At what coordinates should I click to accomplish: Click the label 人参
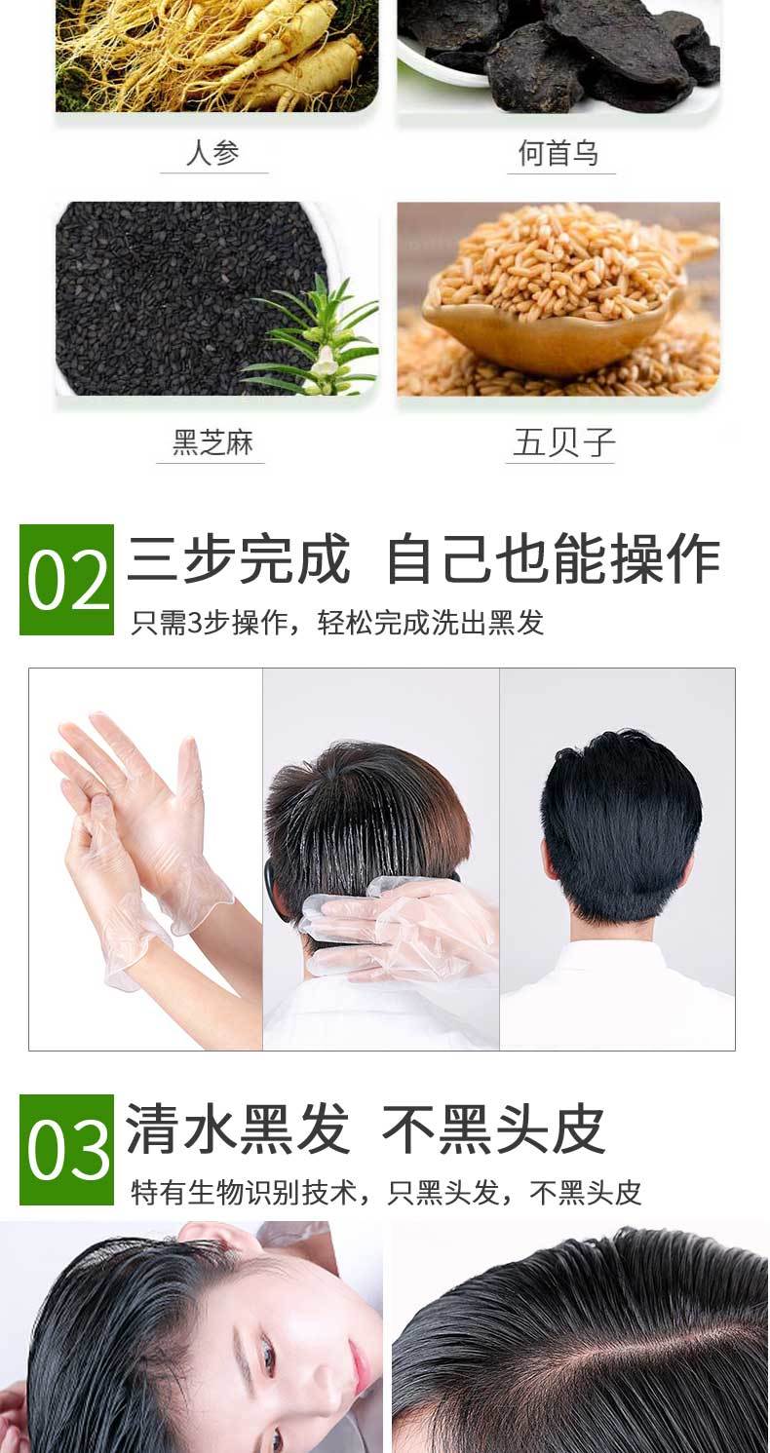pos(212,153)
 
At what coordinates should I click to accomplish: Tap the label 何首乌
pos(558,153)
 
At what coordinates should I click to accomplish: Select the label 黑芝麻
pos(212,442)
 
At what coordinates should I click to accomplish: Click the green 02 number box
pos(66,579)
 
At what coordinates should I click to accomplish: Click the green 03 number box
pos(66,1150)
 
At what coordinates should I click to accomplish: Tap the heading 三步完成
pos(238,558)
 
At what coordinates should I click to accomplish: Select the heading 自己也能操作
pos(554,558)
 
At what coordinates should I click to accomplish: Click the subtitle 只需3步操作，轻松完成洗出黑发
pos(337,623)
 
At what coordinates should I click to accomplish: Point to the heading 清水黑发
pos(237,1129)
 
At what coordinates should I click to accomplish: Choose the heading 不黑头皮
pos(493,1129)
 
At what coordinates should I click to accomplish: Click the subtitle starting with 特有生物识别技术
pos(386,1192)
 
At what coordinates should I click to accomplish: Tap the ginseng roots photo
pos(216,56)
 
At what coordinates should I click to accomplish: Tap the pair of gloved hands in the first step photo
pos(139,850)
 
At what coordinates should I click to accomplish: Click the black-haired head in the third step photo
pos(622,823)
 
